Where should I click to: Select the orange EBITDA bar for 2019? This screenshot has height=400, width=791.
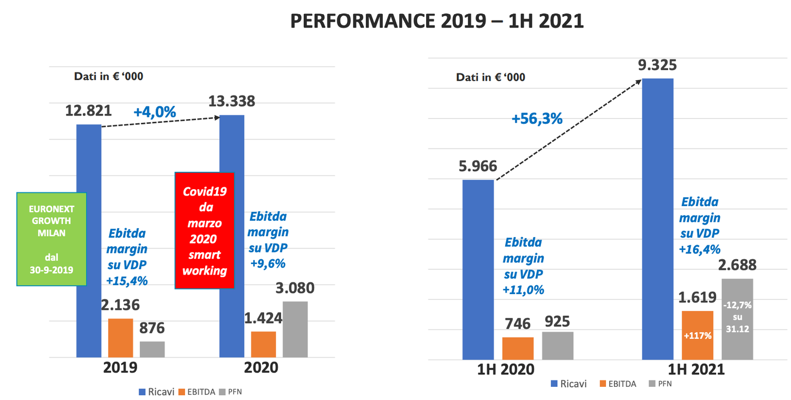point(120,338)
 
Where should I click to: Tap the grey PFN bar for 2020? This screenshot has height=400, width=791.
point(295,329)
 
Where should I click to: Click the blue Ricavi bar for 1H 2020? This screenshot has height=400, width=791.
point(478,269)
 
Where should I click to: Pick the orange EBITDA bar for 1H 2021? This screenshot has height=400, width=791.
point(697,335)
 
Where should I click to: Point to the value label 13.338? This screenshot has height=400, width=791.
point(231,101)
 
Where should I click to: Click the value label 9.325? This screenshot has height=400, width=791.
point(657,65)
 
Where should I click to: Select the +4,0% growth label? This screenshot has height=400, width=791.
point(155,112)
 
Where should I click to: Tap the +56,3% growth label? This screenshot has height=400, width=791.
point(537,119)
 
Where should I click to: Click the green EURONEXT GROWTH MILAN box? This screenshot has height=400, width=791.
point(51,239)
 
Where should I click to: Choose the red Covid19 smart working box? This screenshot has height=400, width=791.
point(205,230)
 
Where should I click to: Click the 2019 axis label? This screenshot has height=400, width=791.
point(121,367)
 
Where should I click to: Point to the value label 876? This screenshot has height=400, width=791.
point(152,328)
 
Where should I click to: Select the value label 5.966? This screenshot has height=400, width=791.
point(478,167)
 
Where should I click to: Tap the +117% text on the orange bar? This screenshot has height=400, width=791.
point(697,335)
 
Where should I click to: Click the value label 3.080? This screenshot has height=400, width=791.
point(295,288)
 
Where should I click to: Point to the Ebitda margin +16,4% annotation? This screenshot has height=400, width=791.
point(700,226)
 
